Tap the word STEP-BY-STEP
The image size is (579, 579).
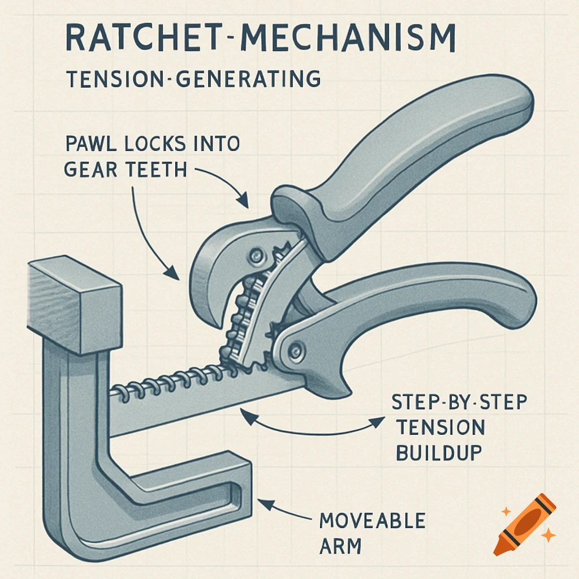(459, 403)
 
